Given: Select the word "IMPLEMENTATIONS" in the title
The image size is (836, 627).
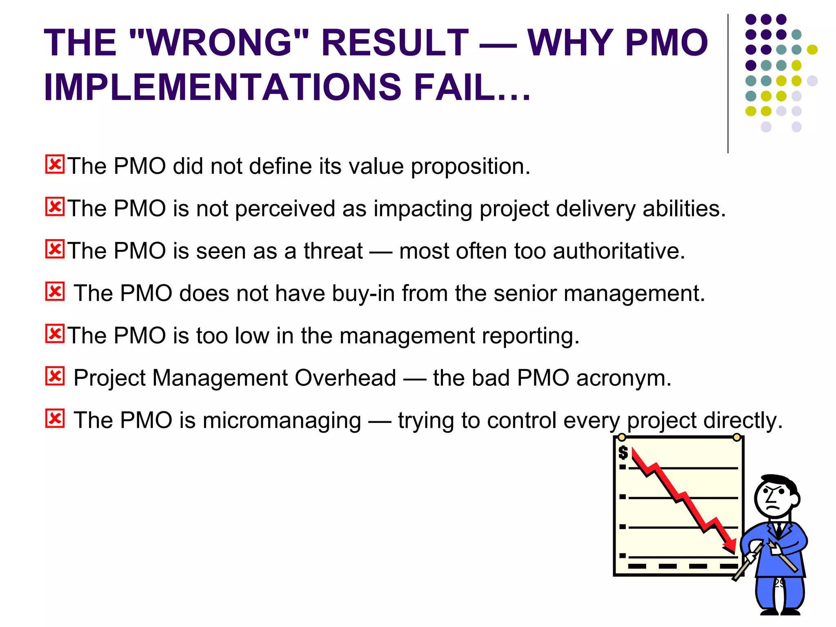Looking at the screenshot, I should tap(222, 87).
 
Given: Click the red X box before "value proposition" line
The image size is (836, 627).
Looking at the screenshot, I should tap(55, 165).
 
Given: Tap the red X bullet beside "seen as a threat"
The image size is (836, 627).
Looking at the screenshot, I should tap(55, 249).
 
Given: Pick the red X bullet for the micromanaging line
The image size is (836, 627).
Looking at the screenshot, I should tap(55, 418).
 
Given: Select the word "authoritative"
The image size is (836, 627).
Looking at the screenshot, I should tap(618, 251).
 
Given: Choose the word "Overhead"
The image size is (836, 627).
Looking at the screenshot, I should tap(345, 378).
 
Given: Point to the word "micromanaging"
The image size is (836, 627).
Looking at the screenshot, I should tap(282, 421).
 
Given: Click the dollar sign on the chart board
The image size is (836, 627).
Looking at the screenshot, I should tap(623, 452).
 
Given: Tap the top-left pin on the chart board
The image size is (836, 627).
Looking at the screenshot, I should tap(621, 437).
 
